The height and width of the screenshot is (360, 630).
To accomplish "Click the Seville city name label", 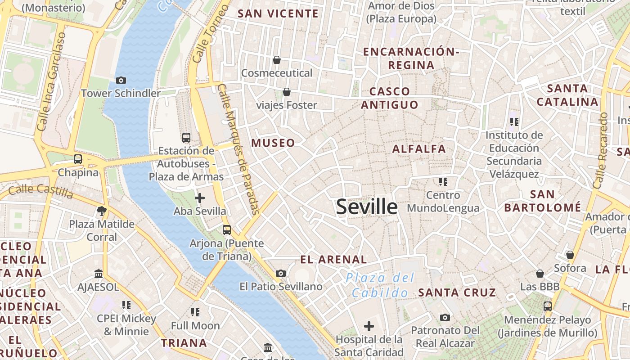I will [367, 207].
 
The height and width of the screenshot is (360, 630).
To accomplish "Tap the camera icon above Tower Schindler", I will [121, 81].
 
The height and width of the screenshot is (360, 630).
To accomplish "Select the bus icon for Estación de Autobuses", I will [186, 138].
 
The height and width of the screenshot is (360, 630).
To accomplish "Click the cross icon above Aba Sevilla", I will [200, 198].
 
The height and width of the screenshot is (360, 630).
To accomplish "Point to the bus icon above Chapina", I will [78, 159].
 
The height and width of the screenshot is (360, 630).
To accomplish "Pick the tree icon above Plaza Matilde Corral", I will [102, 211].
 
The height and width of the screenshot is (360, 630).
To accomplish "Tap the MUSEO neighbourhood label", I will [273, 143].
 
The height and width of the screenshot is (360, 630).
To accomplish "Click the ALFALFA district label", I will [419, 149].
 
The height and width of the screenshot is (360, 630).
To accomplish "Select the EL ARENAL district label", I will [333, 260].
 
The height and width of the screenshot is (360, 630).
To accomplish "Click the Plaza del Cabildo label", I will [380, 285].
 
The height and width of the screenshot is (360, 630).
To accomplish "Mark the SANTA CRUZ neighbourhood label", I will [457, 292].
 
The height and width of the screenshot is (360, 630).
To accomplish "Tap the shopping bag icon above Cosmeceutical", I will [277, 60].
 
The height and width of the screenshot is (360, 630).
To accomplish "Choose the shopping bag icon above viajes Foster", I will [287, 92].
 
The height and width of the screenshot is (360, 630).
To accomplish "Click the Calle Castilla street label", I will [40, 191].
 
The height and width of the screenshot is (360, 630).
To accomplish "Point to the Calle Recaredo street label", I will [601, 151].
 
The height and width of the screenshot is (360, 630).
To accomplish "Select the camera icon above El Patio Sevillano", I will [281, 273].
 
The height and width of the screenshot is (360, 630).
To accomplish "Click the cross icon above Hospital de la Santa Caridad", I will [369, 326].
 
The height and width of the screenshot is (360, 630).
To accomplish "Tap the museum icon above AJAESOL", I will [99, 274].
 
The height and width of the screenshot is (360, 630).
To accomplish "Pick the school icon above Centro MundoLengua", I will [443, 182].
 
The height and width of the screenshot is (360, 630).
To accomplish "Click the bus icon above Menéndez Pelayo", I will [547, 306].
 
